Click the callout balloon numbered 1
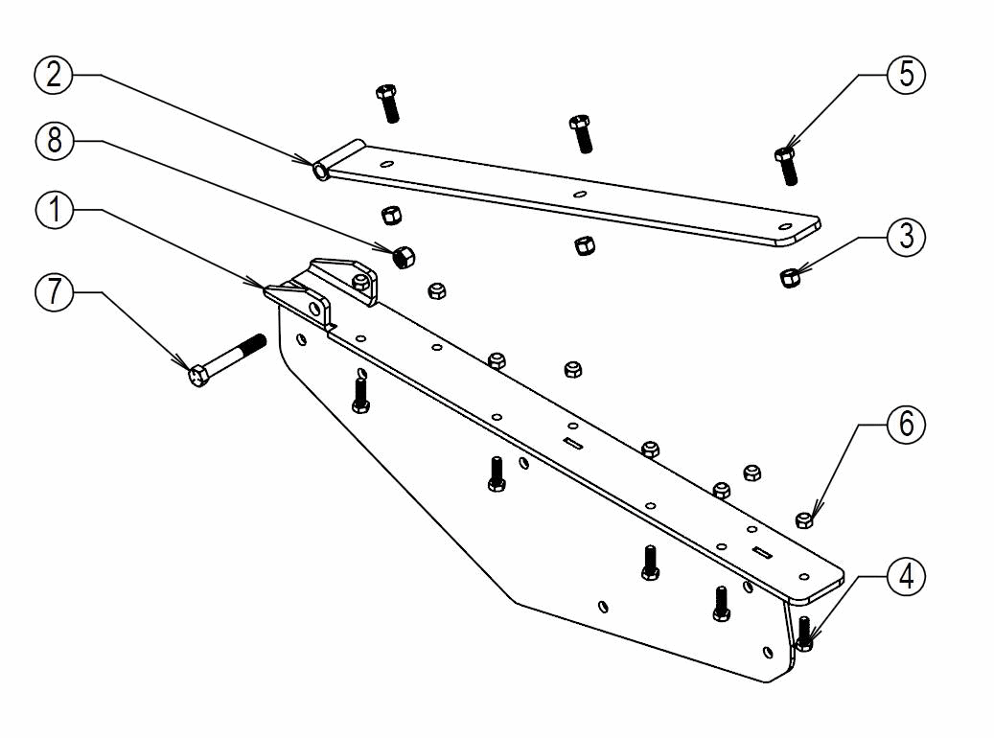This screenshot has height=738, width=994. (55, 209)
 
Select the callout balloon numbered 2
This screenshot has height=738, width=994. (55, 75)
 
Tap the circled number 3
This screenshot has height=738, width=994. (906, 238)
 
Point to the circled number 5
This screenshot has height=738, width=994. (906, 75)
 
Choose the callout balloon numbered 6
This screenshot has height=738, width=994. (906, 425)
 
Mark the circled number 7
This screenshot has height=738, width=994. (55, 291)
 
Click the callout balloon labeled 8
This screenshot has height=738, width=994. (55, 141)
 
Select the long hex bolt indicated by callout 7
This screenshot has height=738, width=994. (226, 359)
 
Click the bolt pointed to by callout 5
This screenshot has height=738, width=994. (786, 166)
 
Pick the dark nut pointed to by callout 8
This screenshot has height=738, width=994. (404, 256)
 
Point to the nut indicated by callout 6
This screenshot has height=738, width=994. (804, 519)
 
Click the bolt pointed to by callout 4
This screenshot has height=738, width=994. (804, 633)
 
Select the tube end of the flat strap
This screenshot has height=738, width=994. (320, 171)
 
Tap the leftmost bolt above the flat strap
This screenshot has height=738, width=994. (388, 104)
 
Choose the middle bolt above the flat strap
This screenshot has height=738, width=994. (580, 133)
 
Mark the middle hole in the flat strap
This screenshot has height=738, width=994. (580, 195)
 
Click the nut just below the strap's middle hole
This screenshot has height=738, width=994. (581, 246)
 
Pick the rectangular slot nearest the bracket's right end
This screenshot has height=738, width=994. (763, 551)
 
